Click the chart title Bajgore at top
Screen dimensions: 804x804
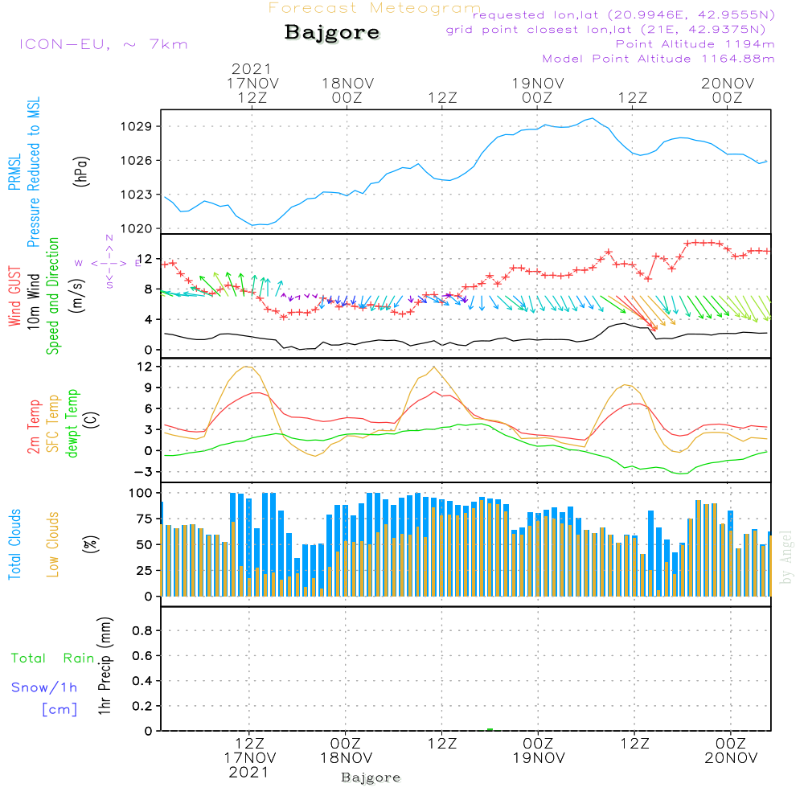tap(332, 34)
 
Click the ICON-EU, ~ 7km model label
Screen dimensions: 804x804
tap(103, 44)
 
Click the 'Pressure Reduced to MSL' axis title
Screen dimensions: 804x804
tap(34, 172)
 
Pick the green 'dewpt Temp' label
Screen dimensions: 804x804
tap(73, 424)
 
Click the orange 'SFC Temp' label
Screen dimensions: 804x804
tap(54, 424)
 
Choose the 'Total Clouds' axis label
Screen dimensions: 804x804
tap(14, 544)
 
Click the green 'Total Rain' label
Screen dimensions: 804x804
tap(52, 658)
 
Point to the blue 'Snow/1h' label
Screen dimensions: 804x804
tap(44, 687)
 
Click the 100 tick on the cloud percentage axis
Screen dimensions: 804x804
tap(140, 492)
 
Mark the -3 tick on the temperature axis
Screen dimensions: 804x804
tap(143, 471)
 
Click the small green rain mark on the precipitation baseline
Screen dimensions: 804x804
tap(490, 729)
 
